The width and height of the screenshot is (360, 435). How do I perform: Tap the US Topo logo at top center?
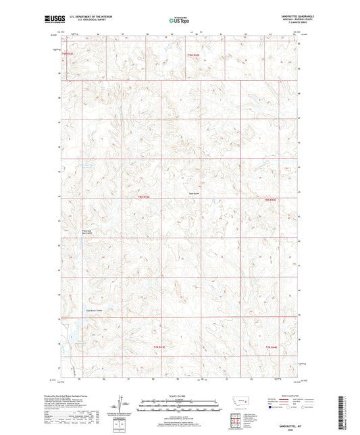click(x=180, y=21)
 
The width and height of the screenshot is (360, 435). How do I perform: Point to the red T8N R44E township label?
click(x=271, y=200)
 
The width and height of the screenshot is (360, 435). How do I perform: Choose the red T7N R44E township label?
click(x=271, y=348)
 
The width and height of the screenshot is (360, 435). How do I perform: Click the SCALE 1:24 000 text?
click(x=180, y=395)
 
